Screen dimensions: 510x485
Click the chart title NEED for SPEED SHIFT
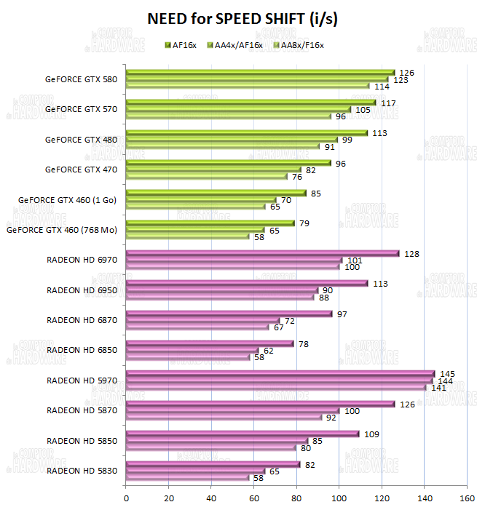[x=242, y=18]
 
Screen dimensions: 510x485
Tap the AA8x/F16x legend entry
[x=298, y=46]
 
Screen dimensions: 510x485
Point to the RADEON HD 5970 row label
[x=82, y=380]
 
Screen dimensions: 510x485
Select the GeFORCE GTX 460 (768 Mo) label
[x=62, y=230]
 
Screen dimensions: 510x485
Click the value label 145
[x=448, y=373]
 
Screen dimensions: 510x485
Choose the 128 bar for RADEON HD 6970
[x=262, y=254]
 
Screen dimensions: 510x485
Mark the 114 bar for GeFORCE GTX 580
[x=248, y=86]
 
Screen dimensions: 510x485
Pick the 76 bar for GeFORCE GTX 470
[x=207, y=176]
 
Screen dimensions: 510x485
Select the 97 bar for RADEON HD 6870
[x=229, y=314]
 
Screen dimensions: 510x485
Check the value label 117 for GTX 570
[x=388, y=103]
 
